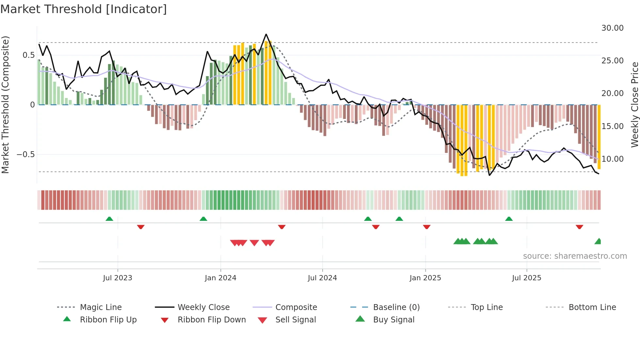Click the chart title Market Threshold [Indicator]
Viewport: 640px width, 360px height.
[84, 9]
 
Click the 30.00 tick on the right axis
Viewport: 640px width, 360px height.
[612, 28]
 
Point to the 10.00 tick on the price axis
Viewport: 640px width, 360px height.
[612, 159]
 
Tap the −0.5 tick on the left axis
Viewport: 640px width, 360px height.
[25, 154]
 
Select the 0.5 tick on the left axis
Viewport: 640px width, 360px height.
[28, 55]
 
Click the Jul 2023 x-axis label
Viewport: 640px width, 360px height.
[118, 278]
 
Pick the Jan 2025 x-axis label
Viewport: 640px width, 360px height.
[425, 278]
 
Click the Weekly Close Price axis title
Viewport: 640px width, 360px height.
[634, 105]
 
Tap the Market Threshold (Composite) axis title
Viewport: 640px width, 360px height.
[5, 105]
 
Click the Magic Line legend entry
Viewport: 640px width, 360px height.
[101, 307]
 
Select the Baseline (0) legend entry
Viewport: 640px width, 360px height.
[396, 307]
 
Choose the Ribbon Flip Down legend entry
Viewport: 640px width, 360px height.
[211, 320]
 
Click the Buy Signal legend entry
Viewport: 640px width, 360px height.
[393, 320]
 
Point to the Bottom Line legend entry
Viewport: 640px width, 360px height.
[592, 307]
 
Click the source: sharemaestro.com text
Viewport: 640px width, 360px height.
[575, 256]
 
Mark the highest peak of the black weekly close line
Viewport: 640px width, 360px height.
[266, 34]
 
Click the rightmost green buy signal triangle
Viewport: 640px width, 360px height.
[598, 241]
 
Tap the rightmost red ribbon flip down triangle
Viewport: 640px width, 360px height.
[579, 227]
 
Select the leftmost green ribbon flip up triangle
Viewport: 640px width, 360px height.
[109, 219]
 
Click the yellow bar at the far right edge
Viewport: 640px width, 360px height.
[599, 137]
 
